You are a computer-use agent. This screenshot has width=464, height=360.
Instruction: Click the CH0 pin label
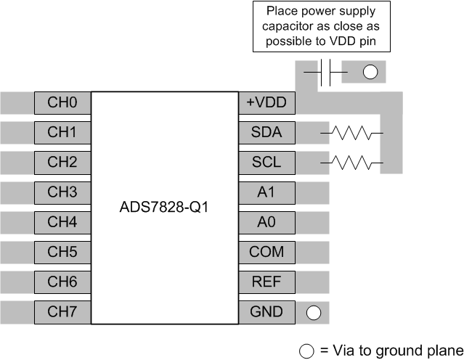pos(62,103)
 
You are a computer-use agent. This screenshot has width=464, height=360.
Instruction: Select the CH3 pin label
pos(62,192)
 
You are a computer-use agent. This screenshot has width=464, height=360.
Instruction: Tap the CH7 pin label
pos(62,312)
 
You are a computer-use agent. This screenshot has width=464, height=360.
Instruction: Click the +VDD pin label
pos(266,103)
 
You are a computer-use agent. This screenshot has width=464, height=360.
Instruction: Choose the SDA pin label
pos(266,133)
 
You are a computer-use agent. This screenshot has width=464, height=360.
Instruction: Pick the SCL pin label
pos(266,163)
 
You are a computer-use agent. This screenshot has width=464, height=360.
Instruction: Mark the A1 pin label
pos(266,192)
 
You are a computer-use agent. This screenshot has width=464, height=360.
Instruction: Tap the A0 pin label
pos(266,222)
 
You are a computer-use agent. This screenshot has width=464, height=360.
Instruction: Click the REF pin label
pos(266,282)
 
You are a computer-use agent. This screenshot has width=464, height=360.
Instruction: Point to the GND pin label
pos(266,312)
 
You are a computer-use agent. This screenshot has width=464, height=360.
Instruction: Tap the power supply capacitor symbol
pos(327,73)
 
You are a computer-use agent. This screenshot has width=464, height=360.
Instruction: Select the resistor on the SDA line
pos(351,134)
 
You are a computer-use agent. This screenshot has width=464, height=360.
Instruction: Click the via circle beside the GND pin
pos(313,313)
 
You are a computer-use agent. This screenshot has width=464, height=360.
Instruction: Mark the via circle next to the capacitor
pos(370,73)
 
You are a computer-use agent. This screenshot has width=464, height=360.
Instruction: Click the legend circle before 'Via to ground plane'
pos(307,351)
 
